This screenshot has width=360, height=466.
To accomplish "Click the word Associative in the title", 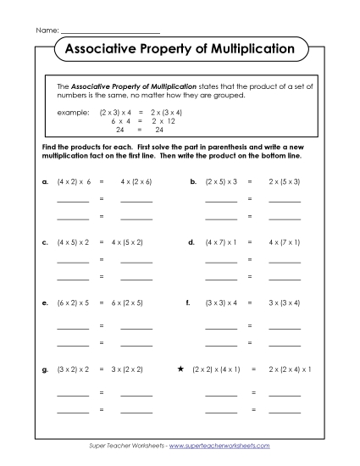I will pyautogui.click(x=99, y=49).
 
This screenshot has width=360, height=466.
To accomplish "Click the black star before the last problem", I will pyautogui.click(x=180, y=369).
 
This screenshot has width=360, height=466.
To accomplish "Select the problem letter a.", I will pyautogui.click(x=43, y=181).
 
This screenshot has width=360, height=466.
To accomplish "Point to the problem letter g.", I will pyautogui.click(x=43, y=369).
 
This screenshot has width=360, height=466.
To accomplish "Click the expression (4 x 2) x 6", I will pyautogui.click(x=74, y=181).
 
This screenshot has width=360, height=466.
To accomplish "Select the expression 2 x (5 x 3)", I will pyautogui.click(x=284, y=181).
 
